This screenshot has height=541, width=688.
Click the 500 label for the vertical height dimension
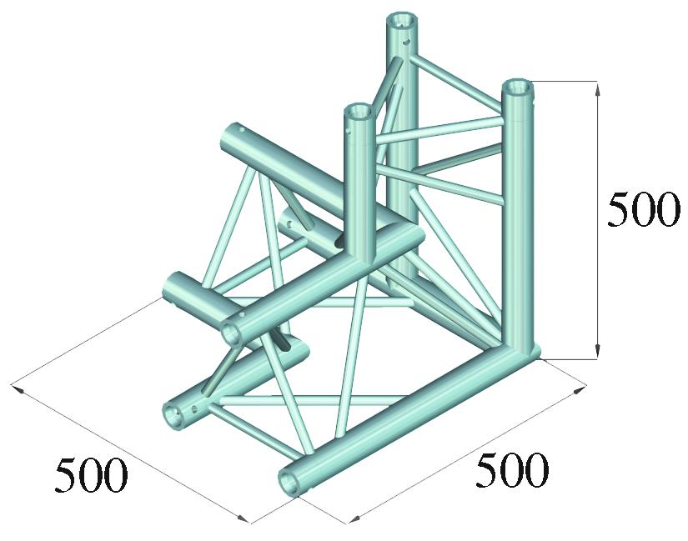pos(641,210)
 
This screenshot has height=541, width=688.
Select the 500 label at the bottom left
pos(91,475)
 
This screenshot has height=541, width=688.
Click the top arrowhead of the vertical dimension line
pos(597,90)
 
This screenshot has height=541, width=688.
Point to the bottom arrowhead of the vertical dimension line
pos(597,351)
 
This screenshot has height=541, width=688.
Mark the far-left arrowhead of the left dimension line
pos(17,388)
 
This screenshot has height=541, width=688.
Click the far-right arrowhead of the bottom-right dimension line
pos(580,389)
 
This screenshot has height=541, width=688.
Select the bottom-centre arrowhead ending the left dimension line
pos(243,518)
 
